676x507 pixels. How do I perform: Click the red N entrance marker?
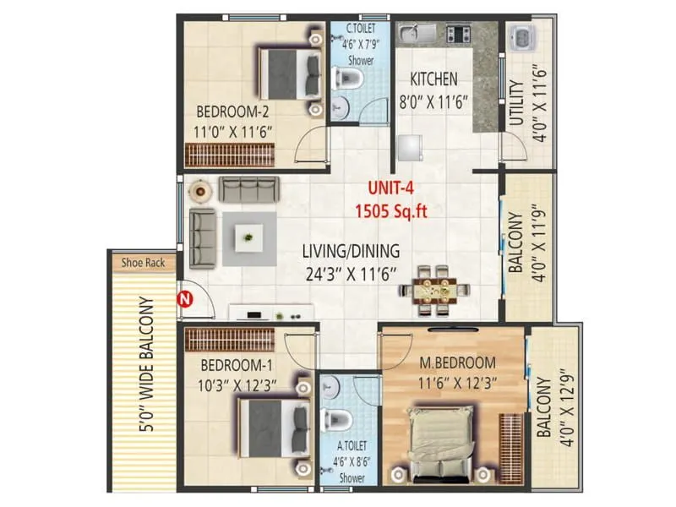(182, 297)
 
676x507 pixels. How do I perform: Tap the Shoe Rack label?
(142, 263)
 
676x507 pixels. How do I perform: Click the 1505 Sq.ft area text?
(390, 211)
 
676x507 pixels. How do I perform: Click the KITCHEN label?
(433, 79)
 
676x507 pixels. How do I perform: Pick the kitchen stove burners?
(458, 35)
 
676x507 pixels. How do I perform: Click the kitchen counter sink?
(412, 35)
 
